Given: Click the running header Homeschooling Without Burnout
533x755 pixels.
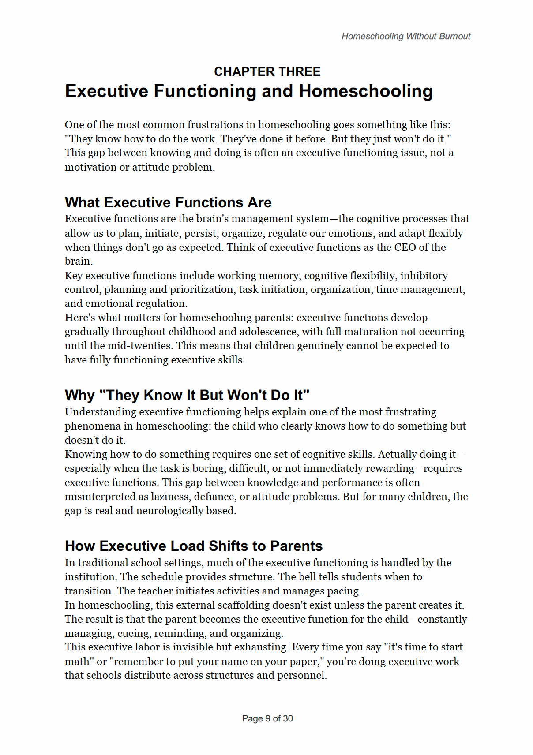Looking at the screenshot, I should pos(406,36).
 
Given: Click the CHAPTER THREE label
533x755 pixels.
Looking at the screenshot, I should pos(267,71).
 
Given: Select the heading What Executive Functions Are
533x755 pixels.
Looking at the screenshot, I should pos(168,202).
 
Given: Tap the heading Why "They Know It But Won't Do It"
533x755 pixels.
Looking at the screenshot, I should pos(187,395).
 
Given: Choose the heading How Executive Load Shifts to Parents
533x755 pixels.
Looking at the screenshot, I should pos(194,546).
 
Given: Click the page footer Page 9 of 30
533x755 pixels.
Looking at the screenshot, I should pos(267,718).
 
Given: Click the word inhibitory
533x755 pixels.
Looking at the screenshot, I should pos(424,276).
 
